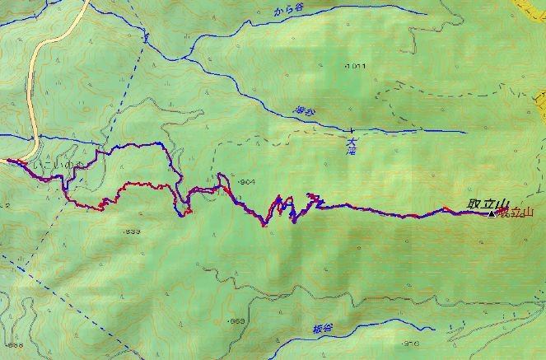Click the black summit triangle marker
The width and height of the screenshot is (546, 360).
492,214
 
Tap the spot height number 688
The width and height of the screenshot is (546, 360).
10,344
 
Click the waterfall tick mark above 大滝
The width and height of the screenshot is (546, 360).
352,130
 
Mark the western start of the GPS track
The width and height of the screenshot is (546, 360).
8,161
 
